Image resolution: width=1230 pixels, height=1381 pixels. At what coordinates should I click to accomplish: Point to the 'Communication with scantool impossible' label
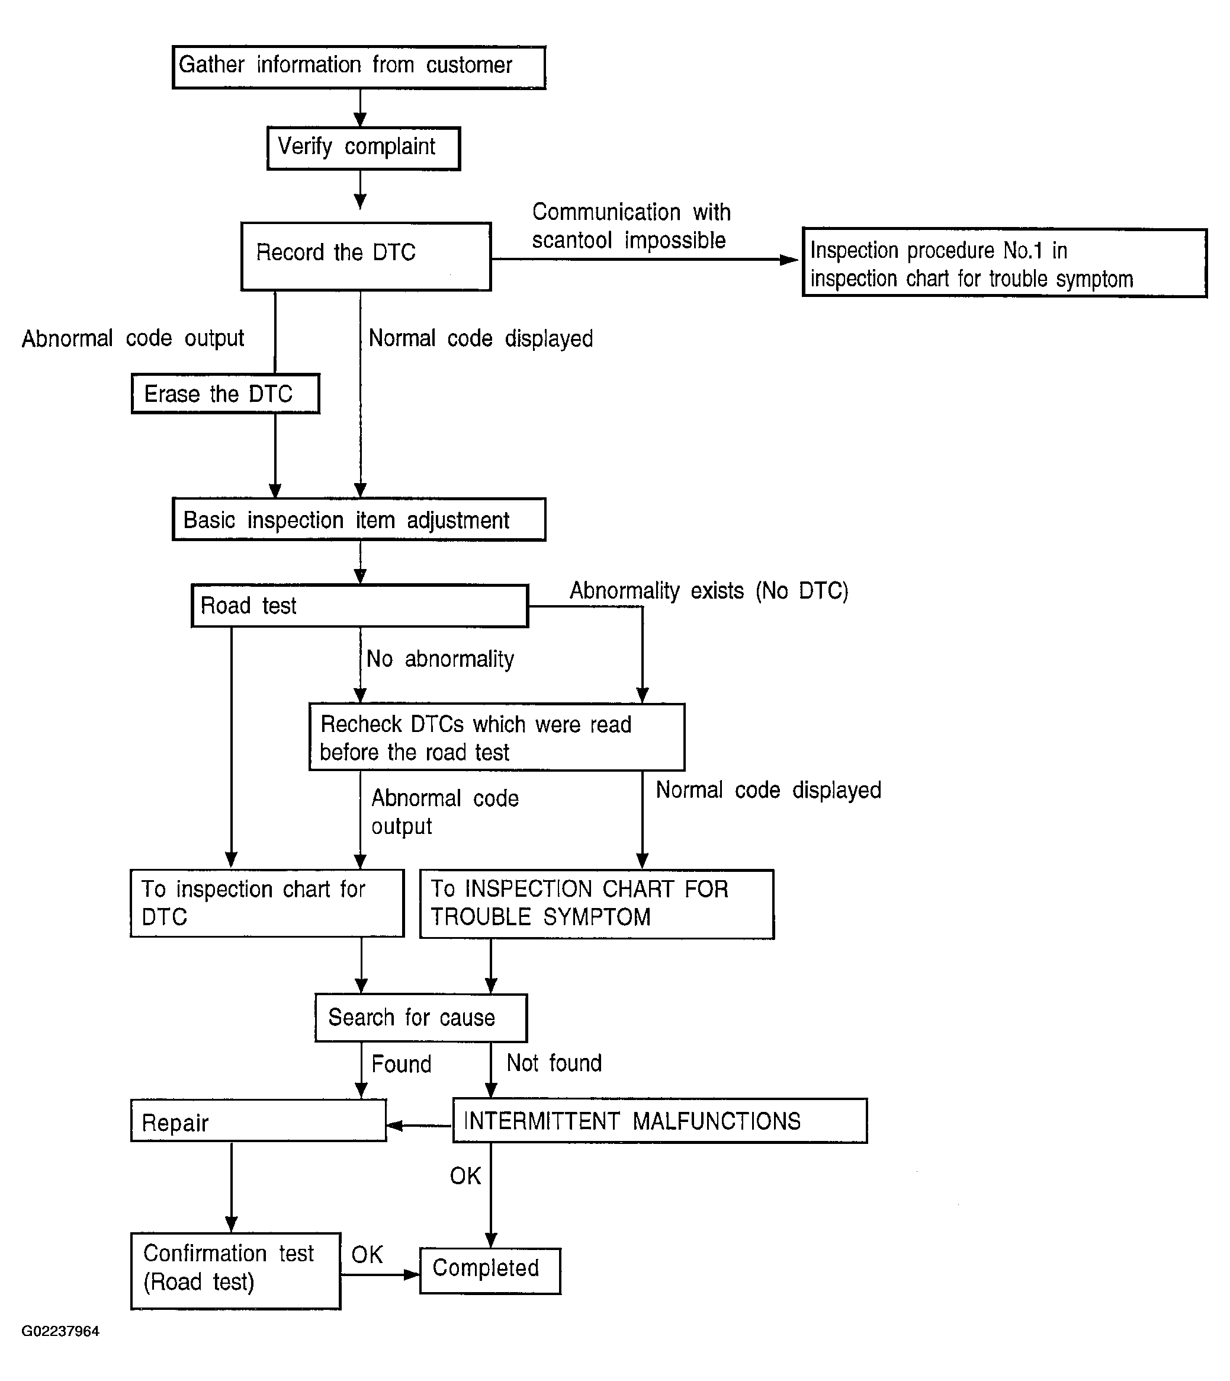(x=631, y=226)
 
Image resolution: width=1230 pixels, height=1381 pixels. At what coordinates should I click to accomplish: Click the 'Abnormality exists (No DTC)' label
(x=708, y=590)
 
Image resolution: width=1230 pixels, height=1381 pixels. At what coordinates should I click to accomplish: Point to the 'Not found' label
(x=554, y=1063)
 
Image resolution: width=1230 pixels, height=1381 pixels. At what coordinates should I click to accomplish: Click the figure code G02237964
(x=60, y=1331)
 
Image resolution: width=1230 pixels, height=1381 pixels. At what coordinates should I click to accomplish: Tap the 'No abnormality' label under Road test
(x=440, y=658)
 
